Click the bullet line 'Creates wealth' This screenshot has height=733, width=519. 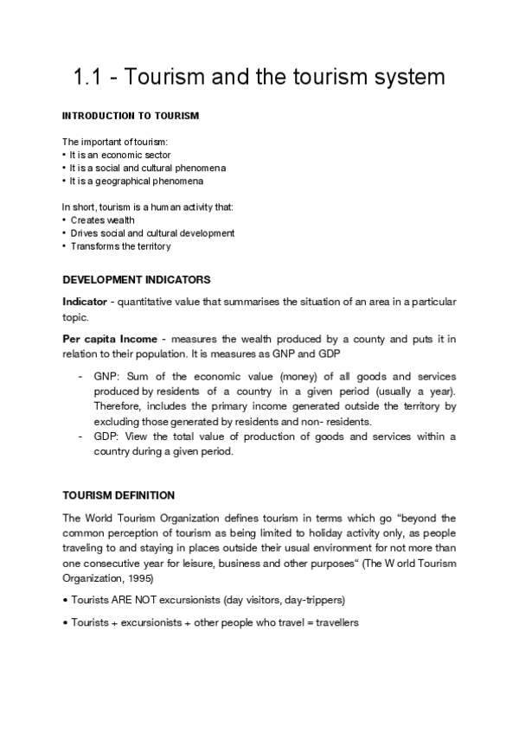[x=102, y=220]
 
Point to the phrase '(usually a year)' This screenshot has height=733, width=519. [x=419, y=392]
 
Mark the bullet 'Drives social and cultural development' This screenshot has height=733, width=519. [x=152, y=233]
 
